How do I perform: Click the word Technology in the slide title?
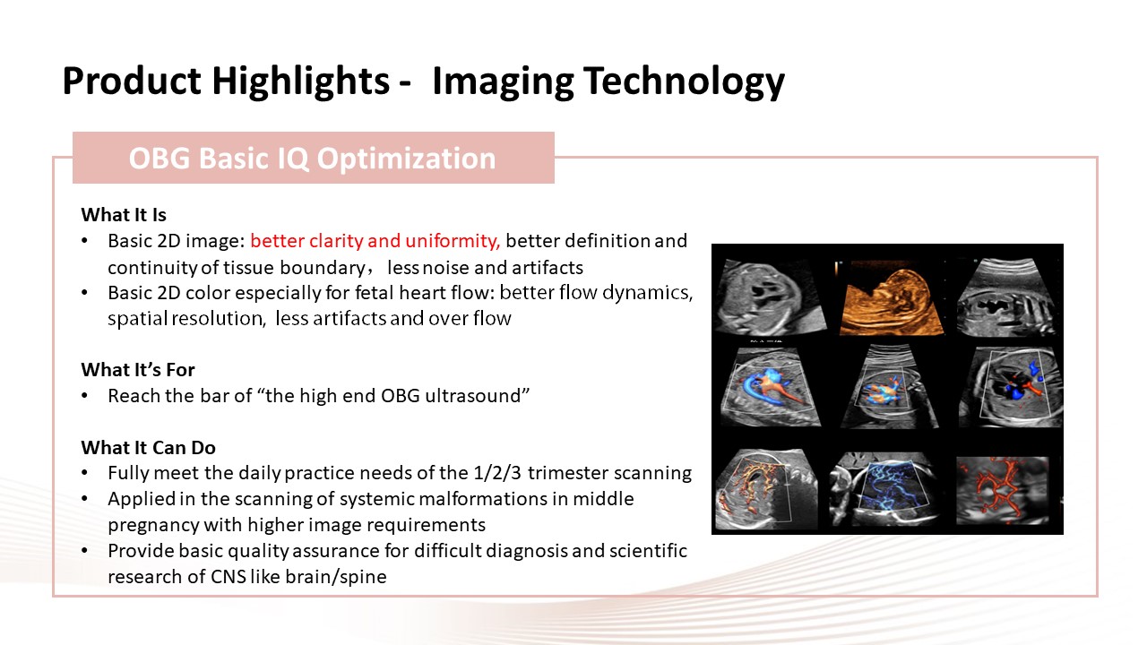click(x=684, y=81)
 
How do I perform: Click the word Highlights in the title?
click(x=300, y=81)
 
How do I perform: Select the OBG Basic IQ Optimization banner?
click(x=314, y=158)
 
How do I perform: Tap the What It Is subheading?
click(x=124, y=214)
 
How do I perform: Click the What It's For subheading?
click(x=138, y=370)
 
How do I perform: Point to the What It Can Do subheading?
click(x=148, y=447)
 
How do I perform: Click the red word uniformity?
click(x=453, y=241)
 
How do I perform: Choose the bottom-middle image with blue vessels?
click(x=884, y=489)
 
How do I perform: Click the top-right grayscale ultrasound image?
click(x=1005, y=298)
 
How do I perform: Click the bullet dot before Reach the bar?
click(x=85, y=396)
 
